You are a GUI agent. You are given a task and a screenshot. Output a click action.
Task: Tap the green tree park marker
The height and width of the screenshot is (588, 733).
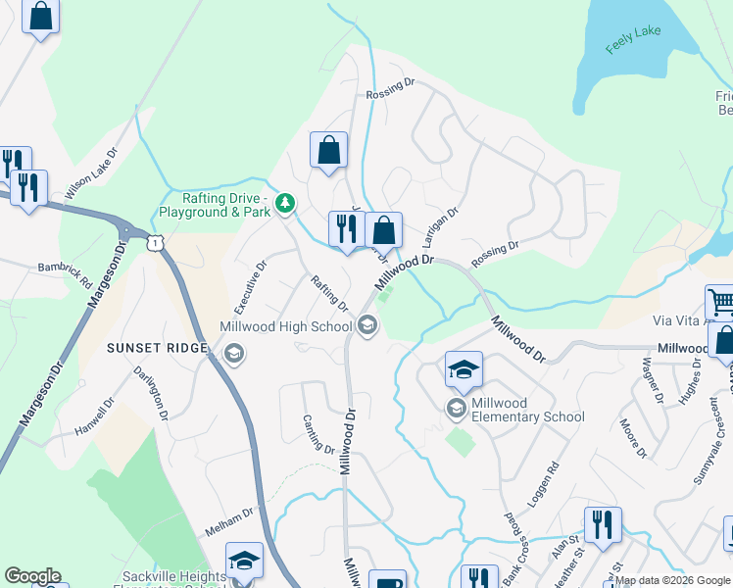(x=284, y=204)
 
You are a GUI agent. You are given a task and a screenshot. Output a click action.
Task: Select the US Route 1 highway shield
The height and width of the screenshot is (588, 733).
(x=155, y=241)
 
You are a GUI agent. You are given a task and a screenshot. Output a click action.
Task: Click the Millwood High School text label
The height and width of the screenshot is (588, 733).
(x=285, y=326)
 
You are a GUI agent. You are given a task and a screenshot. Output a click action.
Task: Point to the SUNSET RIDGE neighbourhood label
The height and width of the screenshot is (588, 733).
(x=158, y=348)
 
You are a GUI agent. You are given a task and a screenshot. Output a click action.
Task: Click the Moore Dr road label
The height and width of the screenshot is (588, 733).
(x=634, y=438)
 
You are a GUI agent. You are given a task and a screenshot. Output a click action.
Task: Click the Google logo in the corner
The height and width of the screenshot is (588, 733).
(x=32, y=576)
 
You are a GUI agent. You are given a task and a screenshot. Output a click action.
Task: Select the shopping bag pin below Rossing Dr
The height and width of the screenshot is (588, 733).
(x=329, y=151)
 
